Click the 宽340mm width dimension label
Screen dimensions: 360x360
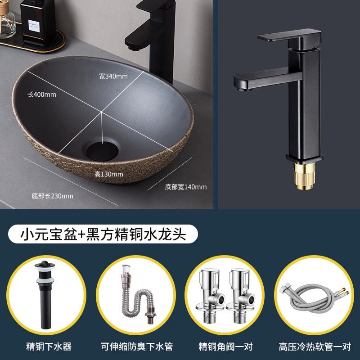113,76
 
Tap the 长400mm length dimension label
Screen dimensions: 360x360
42,94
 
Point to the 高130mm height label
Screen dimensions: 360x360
108,174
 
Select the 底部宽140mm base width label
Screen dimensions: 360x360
186,187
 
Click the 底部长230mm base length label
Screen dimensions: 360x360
53,196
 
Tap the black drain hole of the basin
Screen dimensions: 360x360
103,151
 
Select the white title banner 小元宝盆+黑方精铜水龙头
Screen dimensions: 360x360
103,234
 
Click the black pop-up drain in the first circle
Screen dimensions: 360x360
45,295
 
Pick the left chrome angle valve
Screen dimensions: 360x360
210,296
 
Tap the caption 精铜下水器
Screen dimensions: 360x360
49,346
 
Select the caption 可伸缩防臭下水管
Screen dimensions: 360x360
137,346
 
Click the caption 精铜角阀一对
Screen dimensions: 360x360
225,346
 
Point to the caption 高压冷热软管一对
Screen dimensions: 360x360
315,346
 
